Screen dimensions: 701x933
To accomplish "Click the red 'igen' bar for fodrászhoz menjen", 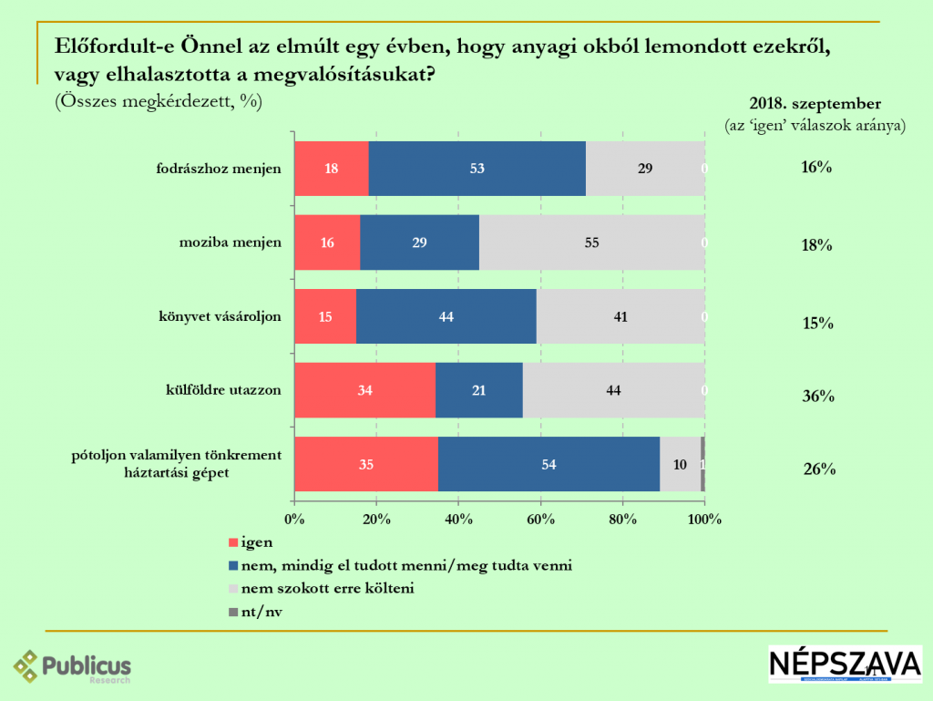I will point(332,169).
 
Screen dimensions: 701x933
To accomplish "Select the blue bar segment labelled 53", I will point(477,169).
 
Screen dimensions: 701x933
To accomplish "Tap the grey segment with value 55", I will point(591,242).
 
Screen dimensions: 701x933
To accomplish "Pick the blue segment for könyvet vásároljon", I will point(446,316).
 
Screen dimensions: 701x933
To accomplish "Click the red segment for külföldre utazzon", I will point(364,390).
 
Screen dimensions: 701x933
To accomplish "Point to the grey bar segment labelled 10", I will point(680,464).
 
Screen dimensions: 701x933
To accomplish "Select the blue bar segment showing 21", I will point(479,390).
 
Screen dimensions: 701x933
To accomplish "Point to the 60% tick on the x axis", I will point(540,519).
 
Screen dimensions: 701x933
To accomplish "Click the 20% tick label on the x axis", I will point(376,519).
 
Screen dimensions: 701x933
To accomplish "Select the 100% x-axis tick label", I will point(704,519).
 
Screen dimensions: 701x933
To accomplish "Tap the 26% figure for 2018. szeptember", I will point(819,470).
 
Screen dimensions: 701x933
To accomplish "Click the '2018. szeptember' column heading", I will point(815,103).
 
